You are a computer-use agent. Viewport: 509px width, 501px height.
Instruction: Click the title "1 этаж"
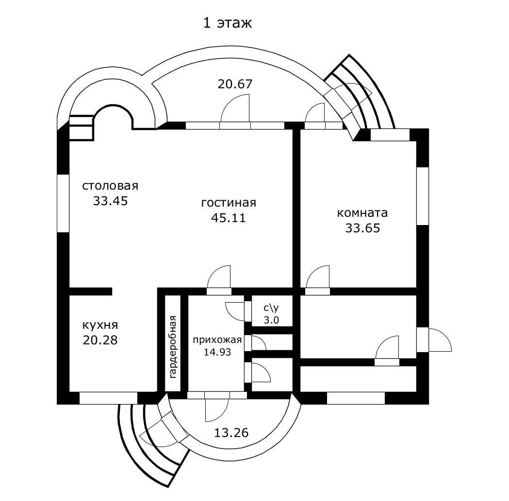[x=227, y=23]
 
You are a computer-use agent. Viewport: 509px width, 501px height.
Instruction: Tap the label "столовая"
[x=110, y=186]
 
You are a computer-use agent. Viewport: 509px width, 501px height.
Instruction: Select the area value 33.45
[x=110, y=201]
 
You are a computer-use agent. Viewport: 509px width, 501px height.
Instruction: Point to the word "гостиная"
[x=228, y=203]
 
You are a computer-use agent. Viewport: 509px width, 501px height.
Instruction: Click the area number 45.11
[x=228, y=218]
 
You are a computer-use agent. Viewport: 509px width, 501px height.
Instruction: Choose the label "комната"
[x=362, y=212]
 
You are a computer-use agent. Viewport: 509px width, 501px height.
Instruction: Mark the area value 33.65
[x=362, y=228]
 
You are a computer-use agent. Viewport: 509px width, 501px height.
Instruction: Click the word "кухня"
[x=100, y=324]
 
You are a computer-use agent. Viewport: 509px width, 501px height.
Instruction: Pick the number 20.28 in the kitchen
[x=100, y=340]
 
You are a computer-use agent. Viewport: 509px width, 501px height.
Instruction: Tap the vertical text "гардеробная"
[x=173, y=346]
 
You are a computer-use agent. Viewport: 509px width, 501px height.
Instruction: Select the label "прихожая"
[x=217, y=339]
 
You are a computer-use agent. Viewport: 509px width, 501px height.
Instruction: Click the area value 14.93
[x=217, y=352]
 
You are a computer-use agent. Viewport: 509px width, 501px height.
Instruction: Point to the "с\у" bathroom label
[x=271, y=307]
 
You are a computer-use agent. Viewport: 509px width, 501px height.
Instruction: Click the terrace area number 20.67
[x=235, y=84]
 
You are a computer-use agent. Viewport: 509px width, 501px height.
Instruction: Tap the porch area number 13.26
[x=231, y=432]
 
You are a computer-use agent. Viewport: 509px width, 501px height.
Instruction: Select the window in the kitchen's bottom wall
[x=108, y=398]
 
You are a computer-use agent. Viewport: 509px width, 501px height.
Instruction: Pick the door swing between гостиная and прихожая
[x=219, y=280]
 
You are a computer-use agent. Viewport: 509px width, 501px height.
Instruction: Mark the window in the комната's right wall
[x=423, y=196]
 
